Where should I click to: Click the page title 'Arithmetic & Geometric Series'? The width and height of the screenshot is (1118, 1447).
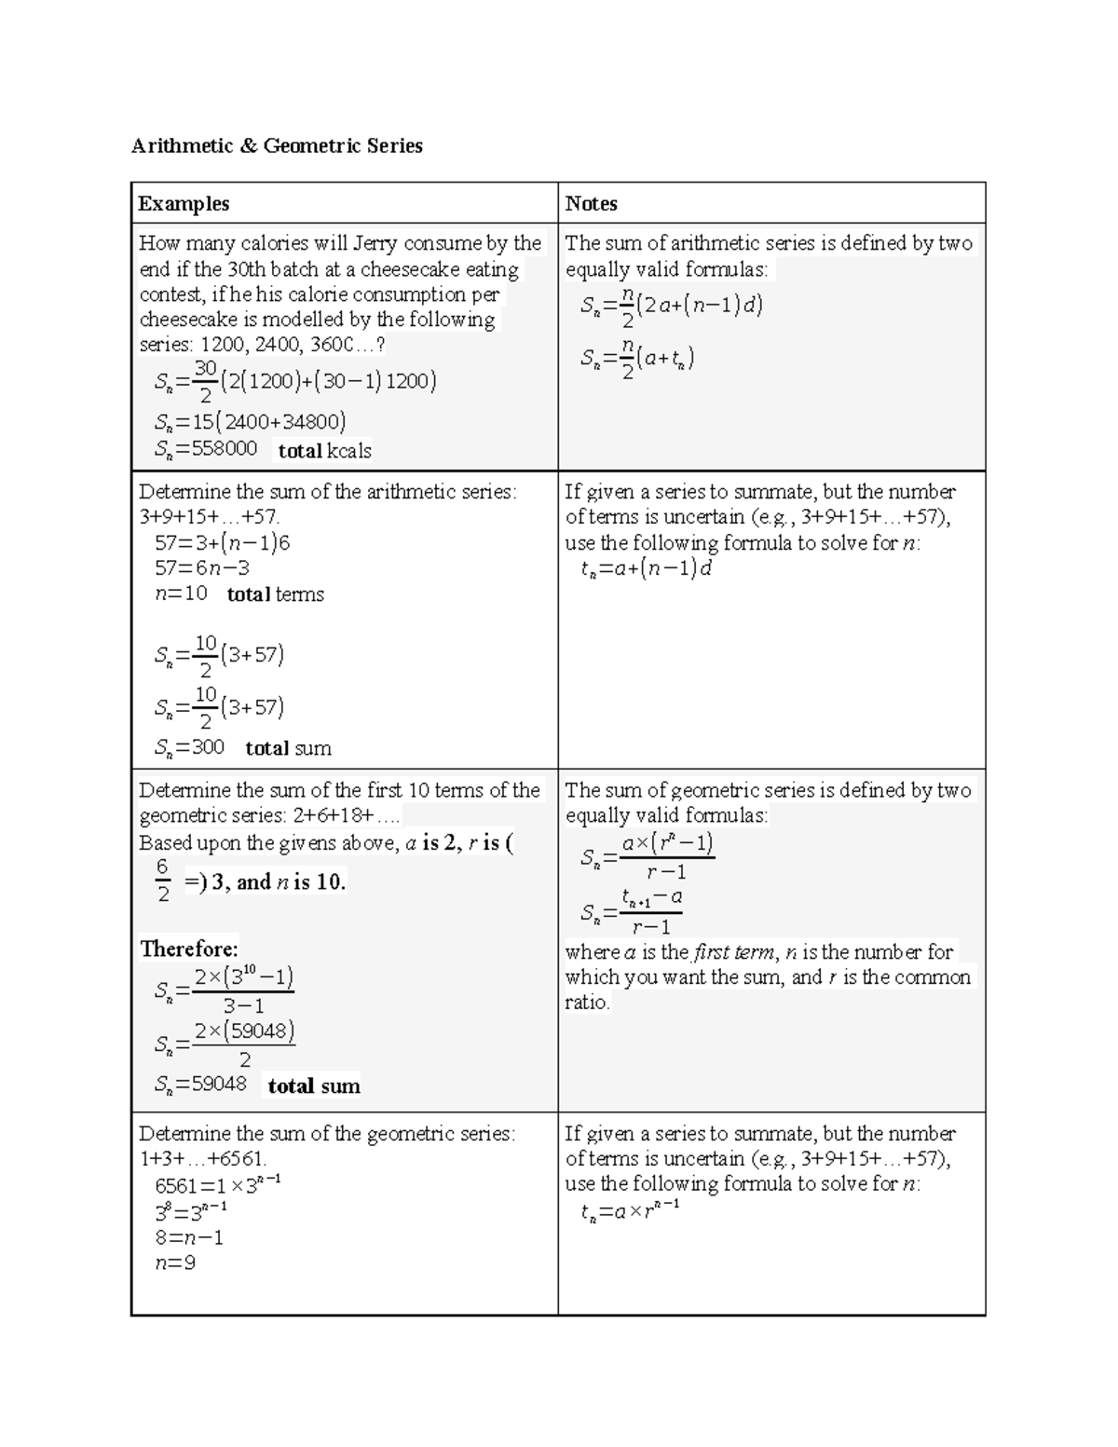click(x=277, y=145)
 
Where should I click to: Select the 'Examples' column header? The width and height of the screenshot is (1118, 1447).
click(x=184, y=203)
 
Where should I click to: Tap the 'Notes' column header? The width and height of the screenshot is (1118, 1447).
click(x=591, y=203)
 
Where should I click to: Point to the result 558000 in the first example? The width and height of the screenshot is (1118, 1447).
click(x=225, y=449)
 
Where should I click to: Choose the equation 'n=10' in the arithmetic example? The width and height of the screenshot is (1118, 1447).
click(x=181, y=594)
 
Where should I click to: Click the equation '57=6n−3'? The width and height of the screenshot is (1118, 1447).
click(x=202, y=567)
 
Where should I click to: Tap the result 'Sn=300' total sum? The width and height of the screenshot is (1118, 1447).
click(x=190, y=747)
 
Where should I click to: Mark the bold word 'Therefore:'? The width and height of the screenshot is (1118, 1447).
click(x=189, y=949)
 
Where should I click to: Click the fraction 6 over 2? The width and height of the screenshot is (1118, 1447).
click(x=163, y=880)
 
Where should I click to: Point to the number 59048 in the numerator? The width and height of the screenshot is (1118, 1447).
click(x=255, y=1031)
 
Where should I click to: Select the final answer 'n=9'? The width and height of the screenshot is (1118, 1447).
click(x=175, y=1263)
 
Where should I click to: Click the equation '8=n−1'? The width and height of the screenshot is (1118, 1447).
click(x=189, y=1237)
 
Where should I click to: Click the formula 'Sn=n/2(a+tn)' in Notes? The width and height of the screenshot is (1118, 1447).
click(x=636, y=359)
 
